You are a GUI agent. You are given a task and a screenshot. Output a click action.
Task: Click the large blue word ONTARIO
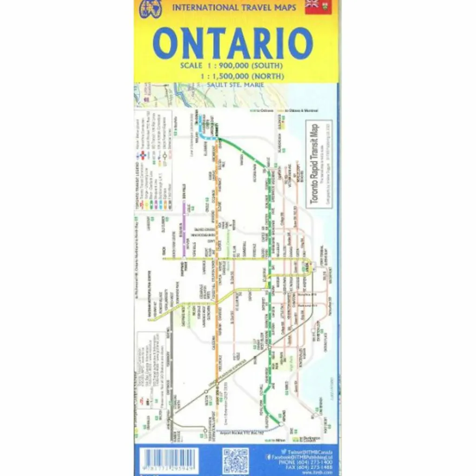232,43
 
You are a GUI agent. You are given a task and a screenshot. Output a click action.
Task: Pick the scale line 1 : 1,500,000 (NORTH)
242,76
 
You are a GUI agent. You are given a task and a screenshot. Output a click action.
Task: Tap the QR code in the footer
235,460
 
